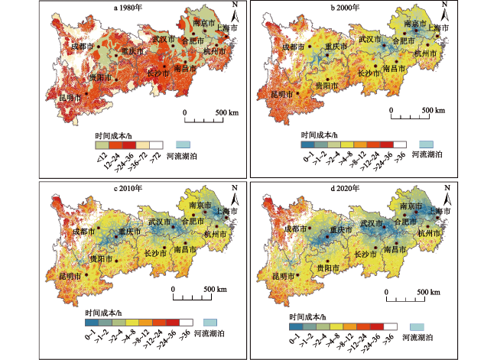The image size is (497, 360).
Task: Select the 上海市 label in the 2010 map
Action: (x=226, y=211)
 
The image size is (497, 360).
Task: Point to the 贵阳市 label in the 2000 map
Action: (x=327, y=87)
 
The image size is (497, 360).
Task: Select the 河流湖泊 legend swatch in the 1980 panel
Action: (x=183, y=143)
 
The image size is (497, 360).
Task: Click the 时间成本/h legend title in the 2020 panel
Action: (x=310, y=316)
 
